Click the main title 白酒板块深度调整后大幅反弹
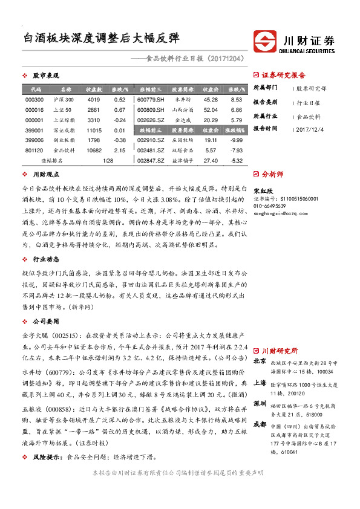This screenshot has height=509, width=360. pos(101,38)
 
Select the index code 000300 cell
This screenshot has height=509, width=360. pos(34,99)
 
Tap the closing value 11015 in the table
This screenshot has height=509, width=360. pos(93,130)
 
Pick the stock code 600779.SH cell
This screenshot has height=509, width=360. pos(151,99)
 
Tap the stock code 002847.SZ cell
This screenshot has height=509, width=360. pos(151,160)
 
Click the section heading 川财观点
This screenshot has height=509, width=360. pos(45,174)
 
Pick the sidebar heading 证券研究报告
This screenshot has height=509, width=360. pos(283,76)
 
